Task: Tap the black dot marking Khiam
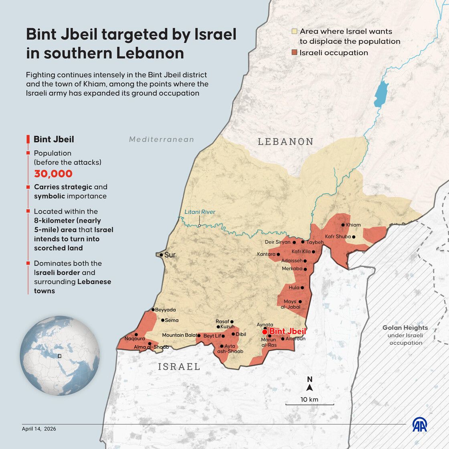click(x=343, y=225)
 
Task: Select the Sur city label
click(x=170, y=255)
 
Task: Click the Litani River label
click(x=200, y=212)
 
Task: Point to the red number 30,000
click(x=53, y=174)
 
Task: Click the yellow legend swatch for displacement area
click(x=294, y=31)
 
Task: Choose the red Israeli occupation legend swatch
click(x=294, y=53)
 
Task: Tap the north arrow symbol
click(x=309, y=388)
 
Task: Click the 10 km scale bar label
click(x=309, y=399)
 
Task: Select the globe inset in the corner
click(x=60, y=356)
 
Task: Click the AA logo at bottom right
click(x=420, y=425)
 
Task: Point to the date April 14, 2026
click(x=39, y=429)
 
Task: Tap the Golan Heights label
click(x=405, y=328)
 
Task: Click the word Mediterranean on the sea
click(x=162, y=140)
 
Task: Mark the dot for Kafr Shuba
click(x=354, y=237)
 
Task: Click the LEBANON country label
click(x=285, y=142)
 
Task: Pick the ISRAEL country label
click(x=179, y=366)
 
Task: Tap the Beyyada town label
click(x=166, y=310)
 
